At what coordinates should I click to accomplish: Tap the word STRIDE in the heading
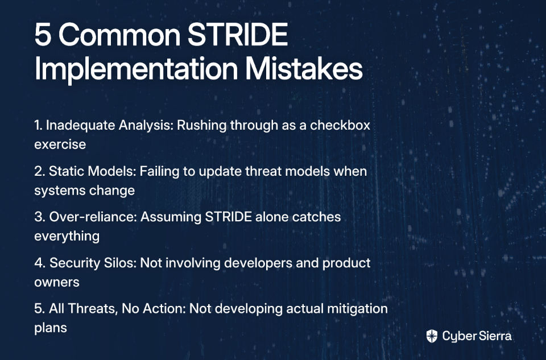(x=238, y=35)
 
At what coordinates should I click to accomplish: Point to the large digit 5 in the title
(x=43, y=35)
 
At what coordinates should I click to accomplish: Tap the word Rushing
(x=201, y=126)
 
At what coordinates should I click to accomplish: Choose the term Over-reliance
(x=93, y=217)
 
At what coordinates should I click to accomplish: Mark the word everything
(x=67, y=237)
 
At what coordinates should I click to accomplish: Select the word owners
(x=57, y=282)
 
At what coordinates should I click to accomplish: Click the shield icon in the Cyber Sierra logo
(x=432, y=336)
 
